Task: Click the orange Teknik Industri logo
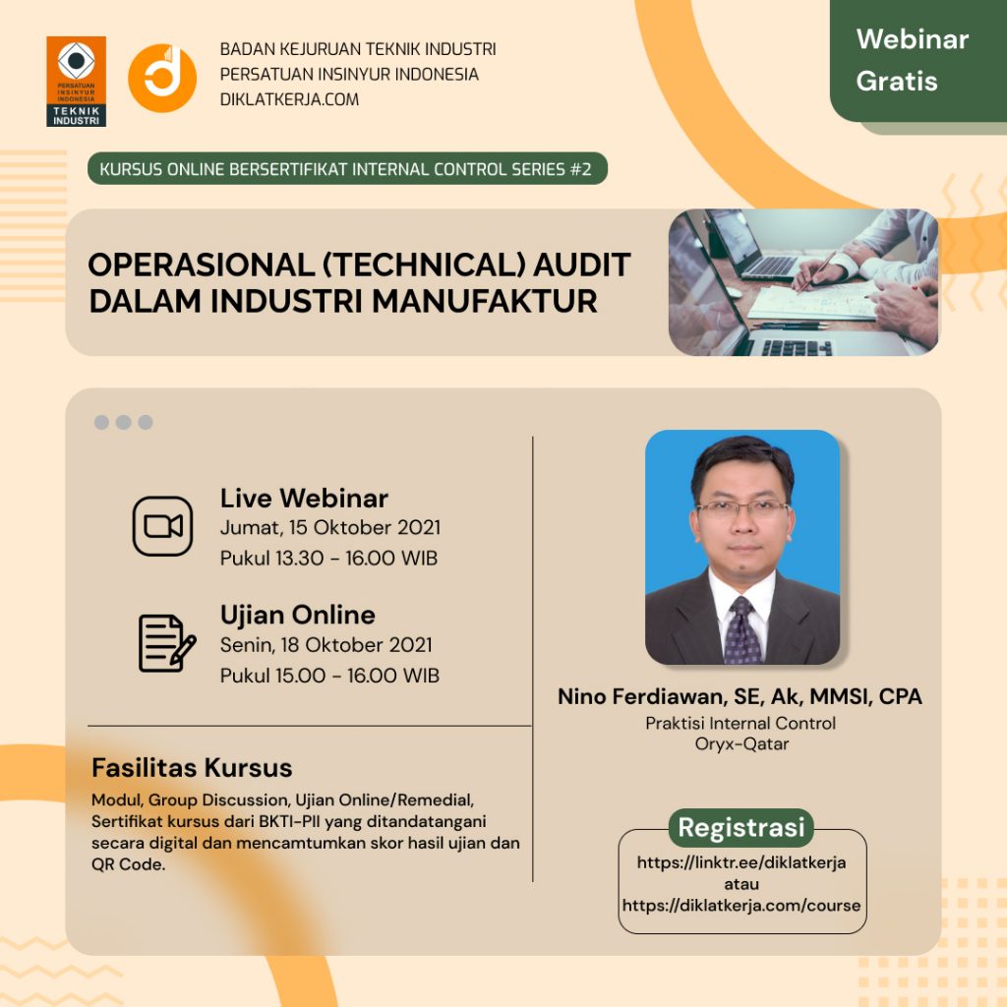pyautogui.click(x=76, y=82)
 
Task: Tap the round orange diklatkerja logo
pyautogui.click(x=162, y=78)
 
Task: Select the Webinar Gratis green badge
pyautogui.click(x=918, y=60)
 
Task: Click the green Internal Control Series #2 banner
pyautogui.click(x=347, y=169)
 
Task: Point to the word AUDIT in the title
pyautogui.click(x=582, y=265)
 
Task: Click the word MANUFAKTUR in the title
pyautogui.click(x=485, y=301)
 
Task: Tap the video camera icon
pyautogui.click(x=162, y=526)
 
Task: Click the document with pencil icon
pyautogui.click(x=167, y=643)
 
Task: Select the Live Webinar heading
pyautogui.click(x=304, y=499)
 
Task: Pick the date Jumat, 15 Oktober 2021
pyautogui.click(x=330, y=527)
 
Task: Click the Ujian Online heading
pyautogui.click(x=297, y=616)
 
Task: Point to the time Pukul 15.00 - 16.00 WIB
pyautogui.click(x=329, y=676)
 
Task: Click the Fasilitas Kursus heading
pyautogui.click(x=192, y=768)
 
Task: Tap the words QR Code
pyautogui.click(x=129, y=864)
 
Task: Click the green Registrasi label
pyautogui.click(x=741, y=828)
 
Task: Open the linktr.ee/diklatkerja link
pyautogui.click(x=741, y=862)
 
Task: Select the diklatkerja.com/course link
pyautogui.click(x=741, y=906)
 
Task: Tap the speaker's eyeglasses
pyautogui.click(x=743, y=508)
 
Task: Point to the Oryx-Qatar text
pyautogui.click(x=741, y=744)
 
